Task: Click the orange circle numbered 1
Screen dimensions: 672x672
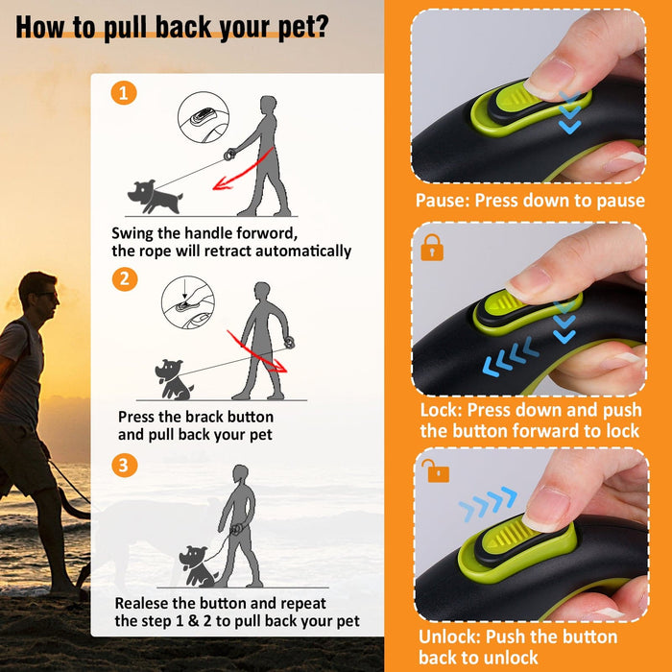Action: [x=124, y=93]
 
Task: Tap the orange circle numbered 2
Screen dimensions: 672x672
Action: [x=124, y=279]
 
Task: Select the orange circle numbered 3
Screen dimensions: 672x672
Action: [x=124, y=466]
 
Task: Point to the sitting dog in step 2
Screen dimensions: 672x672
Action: [x=174, y=380]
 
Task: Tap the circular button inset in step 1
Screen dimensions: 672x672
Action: [x=204, y=117]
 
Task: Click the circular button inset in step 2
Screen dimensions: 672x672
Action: [x=188, y=302]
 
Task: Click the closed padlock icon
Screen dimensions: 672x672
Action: [x=432, y=248]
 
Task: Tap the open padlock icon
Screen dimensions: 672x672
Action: [x=436, y=470]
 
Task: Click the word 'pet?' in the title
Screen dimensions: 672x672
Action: [x=303, y=28]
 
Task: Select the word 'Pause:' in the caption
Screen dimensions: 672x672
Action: [x=443, y=201]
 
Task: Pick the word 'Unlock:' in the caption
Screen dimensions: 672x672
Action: [x=448, y=636]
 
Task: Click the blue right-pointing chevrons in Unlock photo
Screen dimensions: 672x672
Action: [x=488, y=503]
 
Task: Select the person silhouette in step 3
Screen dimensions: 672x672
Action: [x=239, y=526]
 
